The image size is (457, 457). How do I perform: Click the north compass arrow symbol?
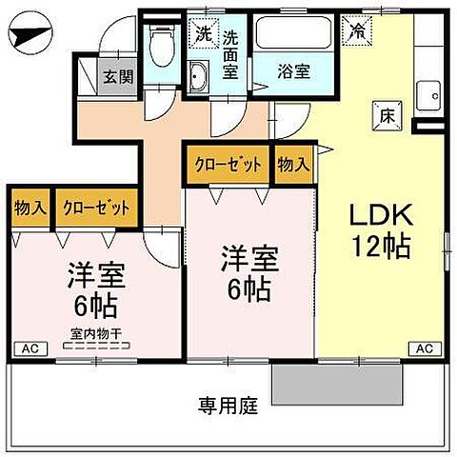(30, 38)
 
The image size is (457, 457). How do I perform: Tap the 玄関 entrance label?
(118, 77)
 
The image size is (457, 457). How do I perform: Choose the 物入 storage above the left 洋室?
(30, 207)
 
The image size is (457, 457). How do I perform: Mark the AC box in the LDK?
(427, 349)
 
